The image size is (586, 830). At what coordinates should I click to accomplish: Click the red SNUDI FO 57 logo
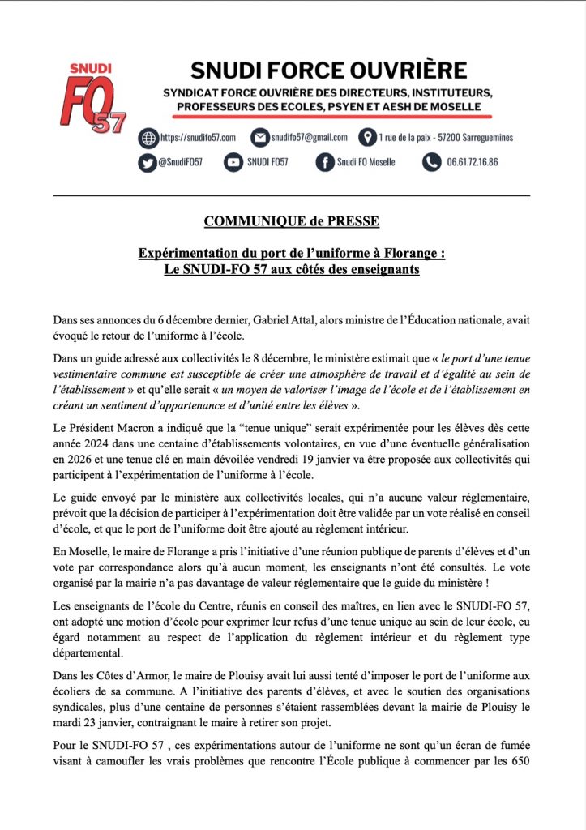tap(91, 98)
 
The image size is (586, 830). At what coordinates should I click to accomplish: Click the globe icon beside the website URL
tap(147, 137)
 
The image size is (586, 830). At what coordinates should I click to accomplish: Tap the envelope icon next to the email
tap(259, 137)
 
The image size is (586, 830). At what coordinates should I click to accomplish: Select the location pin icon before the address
tap(366, 137)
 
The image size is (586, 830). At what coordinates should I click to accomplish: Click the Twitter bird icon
tap(147, 162)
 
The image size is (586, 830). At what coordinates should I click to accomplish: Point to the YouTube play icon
tap(233, 162)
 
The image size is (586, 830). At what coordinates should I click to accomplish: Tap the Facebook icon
tap(324, 162)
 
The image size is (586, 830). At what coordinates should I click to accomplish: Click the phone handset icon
tap(431, 162)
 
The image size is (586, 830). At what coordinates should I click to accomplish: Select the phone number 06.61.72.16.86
tap(472, 162)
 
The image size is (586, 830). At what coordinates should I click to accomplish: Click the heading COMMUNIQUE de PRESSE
tap(291, 221)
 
